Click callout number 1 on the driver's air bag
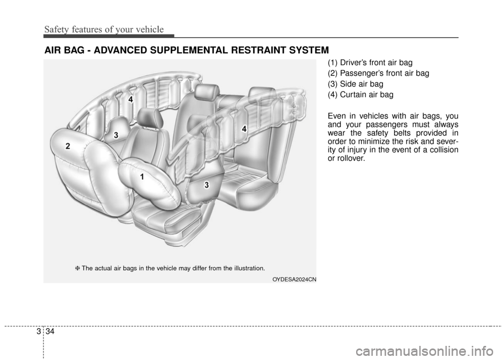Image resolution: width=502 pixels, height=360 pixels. pyautogui.click(x=142, y=177)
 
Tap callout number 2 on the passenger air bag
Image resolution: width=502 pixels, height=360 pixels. pyautogui.click(x=68, y=146)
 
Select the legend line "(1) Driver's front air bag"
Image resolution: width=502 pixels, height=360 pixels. pyautogui.click(x=370, y=62)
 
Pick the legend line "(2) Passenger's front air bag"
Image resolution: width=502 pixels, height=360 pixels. pyautogui.click(x=379, y=73)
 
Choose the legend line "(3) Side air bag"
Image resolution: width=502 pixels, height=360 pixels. pyautogui.click(x=356, y=84)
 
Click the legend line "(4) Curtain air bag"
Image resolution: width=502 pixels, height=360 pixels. pyautogui.click(x=360, y=95)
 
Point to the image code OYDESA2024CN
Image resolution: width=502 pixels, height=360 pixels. pyautogui.click(x=294, y=280)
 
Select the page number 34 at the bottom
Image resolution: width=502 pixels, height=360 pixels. pyautogui.click(x=50, y=331)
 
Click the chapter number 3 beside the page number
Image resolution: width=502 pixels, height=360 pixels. pyautogui.click(x=39, y=331)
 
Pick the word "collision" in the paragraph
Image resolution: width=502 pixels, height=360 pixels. pyautogui.click(x=444, y=150)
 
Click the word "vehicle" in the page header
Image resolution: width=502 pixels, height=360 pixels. pyautogui.click(x=150, y=29)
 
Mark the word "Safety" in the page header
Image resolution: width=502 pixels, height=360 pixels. pyautogui.click(x=56, y=30)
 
